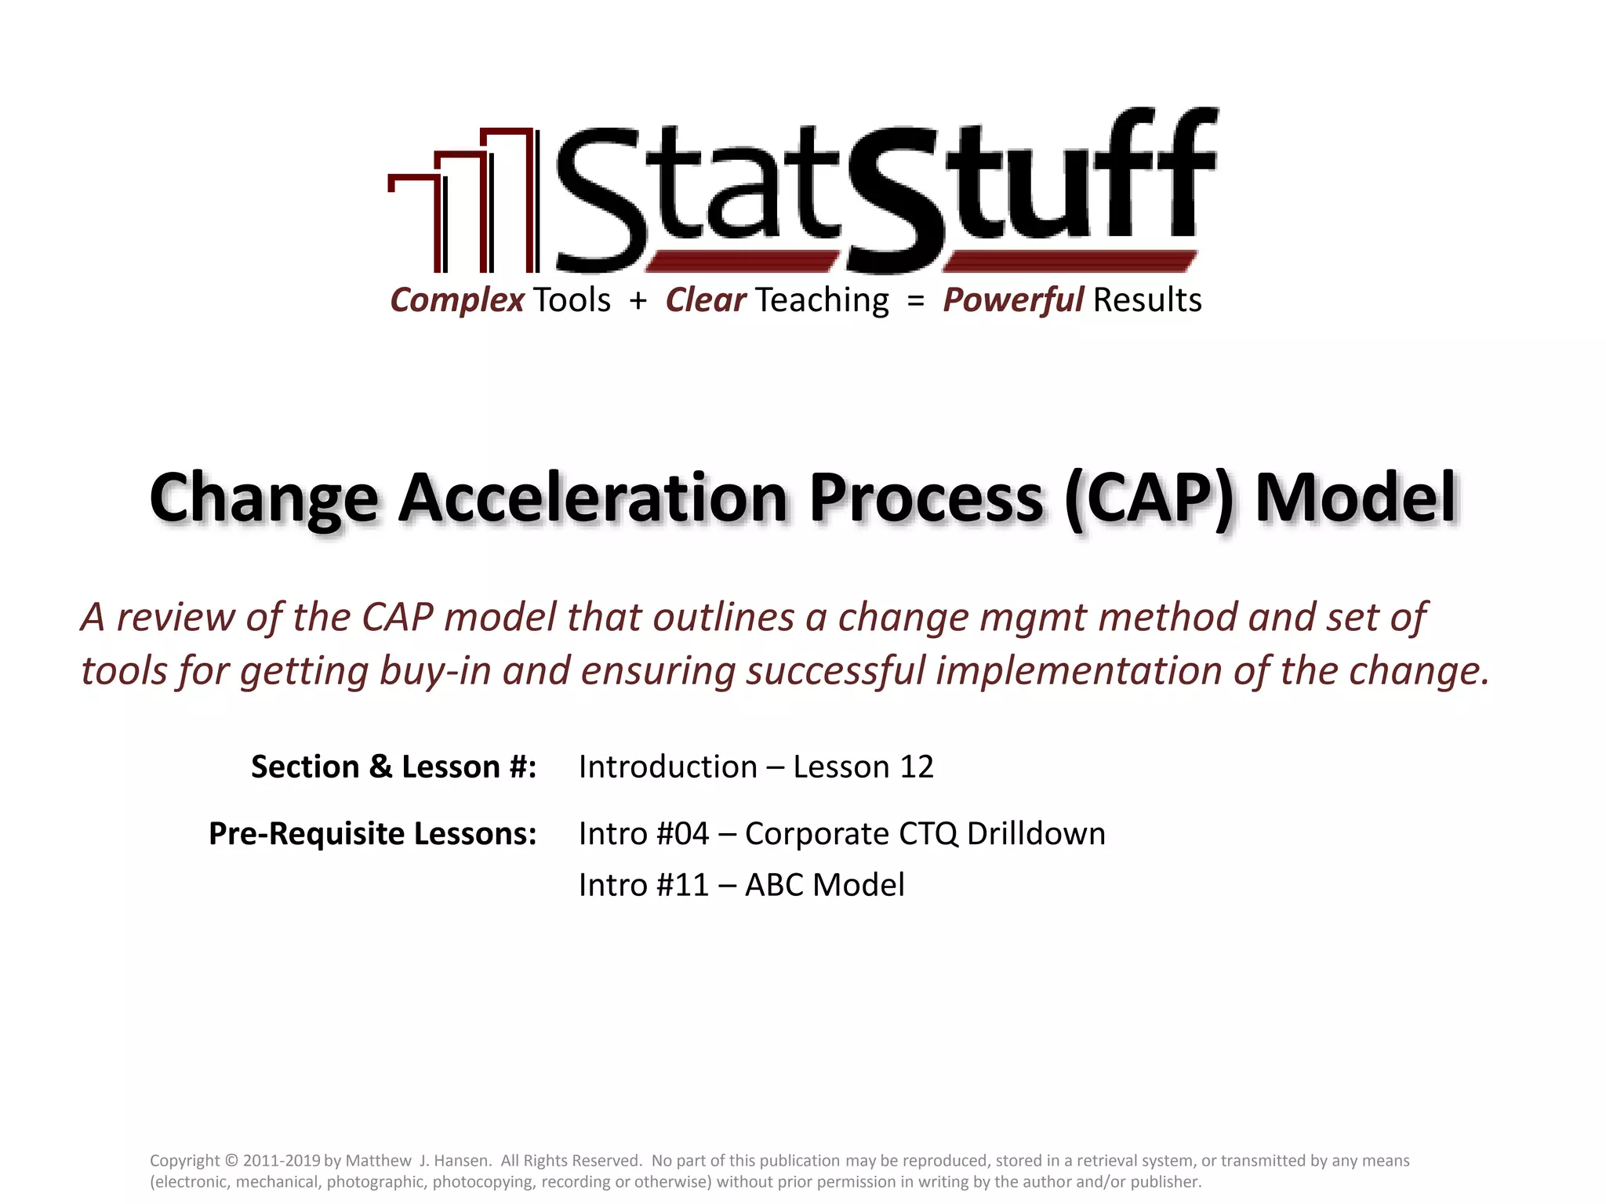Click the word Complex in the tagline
457,300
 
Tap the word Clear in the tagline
705,300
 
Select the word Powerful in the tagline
1012,300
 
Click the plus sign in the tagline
638,301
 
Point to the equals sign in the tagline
915,301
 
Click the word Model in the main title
1355,498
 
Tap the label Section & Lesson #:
394,767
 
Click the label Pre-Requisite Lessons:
372,833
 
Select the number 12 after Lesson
916,767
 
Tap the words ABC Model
824,885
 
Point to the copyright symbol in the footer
231,1161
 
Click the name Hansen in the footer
460,1161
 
